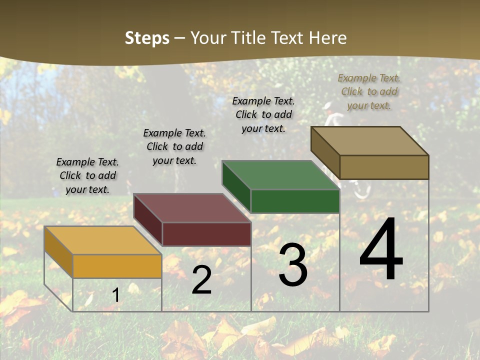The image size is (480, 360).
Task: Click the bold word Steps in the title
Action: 147,38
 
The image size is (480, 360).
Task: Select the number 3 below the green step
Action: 292,265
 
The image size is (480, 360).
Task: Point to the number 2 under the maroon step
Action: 201,280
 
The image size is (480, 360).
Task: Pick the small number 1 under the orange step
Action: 115,295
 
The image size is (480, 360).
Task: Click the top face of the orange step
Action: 102,240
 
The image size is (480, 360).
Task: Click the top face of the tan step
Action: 370,141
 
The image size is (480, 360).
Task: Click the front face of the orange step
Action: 117,266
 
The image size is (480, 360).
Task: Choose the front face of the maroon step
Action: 206,234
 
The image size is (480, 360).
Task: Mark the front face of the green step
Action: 295,201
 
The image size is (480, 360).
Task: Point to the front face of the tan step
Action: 384,167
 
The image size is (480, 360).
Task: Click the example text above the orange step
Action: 87,176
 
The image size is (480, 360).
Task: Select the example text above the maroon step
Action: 174,147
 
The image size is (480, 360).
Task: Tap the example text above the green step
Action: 263,114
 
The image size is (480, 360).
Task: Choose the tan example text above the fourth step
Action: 369,92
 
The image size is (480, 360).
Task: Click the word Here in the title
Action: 328,38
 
